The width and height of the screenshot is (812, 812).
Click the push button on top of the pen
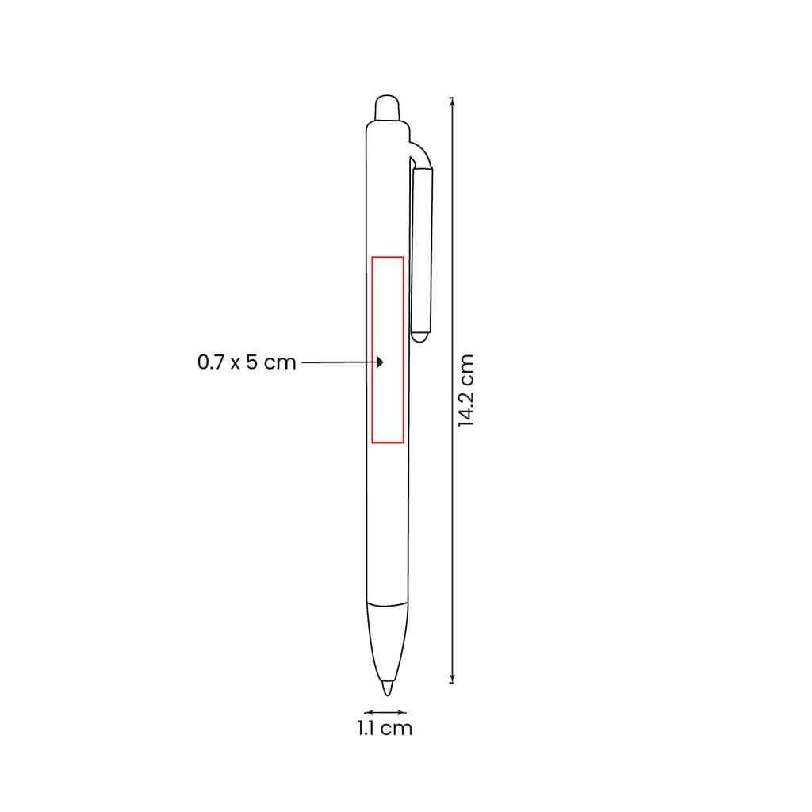pyautogui.click(x=387, y=108)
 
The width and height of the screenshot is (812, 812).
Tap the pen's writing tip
pyautogui.click(x=387, y=688)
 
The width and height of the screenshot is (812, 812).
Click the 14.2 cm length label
pyautogui.click(x=466, y=390)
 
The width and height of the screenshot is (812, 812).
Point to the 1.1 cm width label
pyautogui.click(x=385, y=729)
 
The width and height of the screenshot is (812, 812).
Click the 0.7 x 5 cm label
pyautogui.click(x=247, y=362)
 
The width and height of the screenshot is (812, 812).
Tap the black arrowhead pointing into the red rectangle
pyautogui.click(x=380, y=362)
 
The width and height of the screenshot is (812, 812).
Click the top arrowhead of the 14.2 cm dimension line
pyautogui.click(x=452, y=101)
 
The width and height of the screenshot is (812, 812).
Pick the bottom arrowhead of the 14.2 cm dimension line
pyautogui.click(x=452, y=679)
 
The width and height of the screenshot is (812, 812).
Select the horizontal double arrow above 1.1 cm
pyautogui.click(x=385, y=713)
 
